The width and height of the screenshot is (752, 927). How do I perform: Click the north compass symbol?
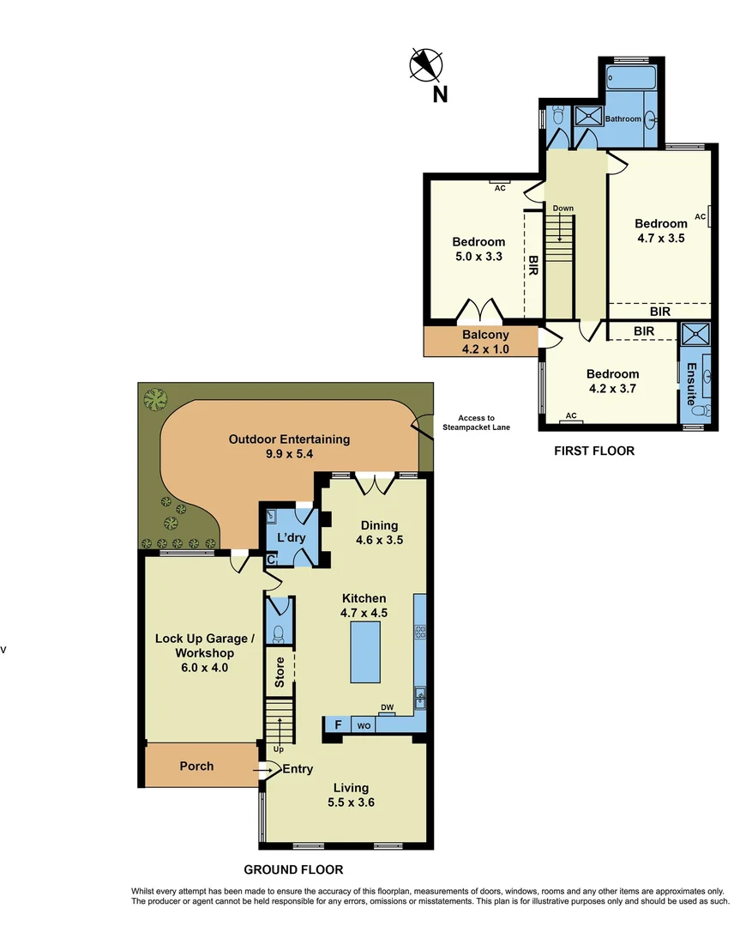coord(425,64)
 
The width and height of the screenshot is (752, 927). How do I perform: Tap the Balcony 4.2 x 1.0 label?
coord(485,341)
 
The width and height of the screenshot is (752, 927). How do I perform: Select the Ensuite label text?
coord(691,383)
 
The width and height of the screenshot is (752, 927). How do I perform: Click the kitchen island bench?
coord(365,651)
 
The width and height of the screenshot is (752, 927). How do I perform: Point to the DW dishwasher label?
coord(387,707)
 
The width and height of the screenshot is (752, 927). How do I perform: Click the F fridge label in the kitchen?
coord(338,725)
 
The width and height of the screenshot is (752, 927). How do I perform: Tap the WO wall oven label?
coord(364,726)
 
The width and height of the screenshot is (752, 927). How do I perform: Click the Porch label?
coord(196,766)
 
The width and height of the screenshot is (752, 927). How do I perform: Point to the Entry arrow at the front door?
coord(261,771)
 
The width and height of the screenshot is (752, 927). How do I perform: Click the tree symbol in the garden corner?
coord(156,399)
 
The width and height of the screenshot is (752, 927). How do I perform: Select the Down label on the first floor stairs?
coord(562,209)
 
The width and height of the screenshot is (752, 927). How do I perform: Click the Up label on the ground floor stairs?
coord(278,749)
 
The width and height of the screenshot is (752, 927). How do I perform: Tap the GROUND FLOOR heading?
coord(292,869)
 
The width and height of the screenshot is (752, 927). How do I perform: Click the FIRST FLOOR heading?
coord(595,451)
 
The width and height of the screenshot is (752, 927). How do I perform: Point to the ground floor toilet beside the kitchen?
coord(278,634)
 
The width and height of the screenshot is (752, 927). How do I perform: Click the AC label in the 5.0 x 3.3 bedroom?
coord(499,189)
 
